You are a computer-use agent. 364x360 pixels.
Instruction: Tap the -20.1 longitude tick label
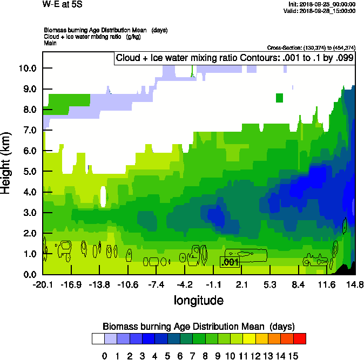pyautogui.click(x=43, y=284)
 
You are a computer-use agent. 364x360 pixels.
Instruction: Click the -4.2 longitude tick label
pyautogui.click(x=185, y=284)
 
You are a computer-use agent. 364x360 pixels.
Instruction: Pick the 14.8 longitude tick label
pyautogui.click(x=355, y=284)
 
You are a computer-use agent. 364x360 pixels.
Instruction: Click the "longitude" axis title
pyautogui.click(x=198, y=300)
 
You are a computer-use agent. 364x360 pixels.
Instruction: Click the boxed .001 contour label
pyautogui.click(x=230, y=262)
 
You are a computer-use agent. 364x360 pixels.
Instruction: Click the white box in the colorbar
pyautogui.click(x=98, y=338)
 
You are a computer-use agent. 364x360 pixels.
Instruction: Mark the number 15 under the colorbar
pyautogui.click(x=293, y=356)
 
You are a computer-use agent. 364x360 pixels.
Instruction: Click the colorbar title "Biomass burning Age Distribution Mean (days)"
pyautogui.click(x=198, y=327)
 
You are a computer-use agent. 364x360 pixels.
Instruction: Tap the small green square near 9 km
pyautogui.click(x=279, y=98)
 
